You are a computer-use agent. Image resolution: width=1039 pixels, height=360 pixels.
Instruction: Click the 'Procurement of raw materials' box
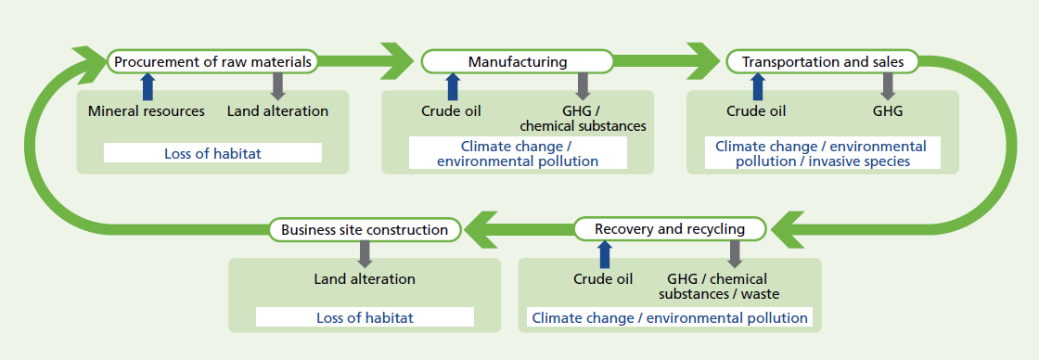[x=212, y=61]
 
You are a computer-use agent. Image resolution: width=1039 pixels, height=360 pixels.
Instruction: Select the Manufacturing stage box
[x=518, y=61]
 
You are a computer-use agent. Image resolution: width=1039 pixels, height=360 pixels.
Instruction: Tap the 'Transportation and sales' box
[x=822, y=61]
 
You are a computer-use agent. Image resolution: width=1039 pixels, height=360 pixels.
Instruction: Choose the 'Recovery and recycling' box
[x=670, y=229]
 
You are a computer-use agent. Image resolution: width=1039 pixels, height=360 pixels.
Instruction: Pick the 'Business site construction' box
[x=366, y=229]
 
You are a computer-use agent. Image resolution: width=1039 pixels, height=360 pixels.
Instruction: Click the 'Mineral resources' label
[x=147, y=111]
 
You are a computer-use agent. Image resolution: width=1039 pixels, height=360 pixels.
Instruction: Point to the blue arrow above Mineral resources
[x=148, y=86]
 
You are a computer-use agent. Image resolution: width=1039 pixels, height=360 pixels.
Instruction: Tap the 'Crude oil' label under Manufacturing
[x=451, y=111]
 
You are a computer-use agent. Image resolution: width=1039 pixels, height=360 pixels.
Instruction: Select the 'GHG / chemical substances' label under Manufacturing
[x=584, y=118]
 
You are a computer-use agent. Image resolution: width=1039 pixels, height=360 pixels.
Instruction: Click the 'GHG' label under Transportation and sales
[x=888, y=111]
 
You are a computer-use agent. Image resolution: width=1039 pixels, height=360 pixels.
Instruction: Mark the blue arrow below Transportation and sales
[x=756, y=86]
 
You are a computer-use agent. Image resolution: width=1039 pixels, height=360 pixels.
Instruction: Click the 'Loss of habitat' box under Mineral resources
[x=212, y=153]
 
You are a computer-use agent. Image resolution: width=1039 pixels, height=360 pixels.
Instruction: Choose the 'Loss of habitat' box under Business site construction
[x=366, y=317]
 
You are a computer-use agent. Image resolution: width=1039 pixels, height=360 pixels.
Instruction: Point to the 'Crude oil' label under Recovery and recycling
[x=604, y=278]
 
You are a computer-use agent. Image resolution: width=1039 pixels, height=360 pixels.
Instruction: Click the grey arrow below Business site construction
[x=366, y=254]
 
